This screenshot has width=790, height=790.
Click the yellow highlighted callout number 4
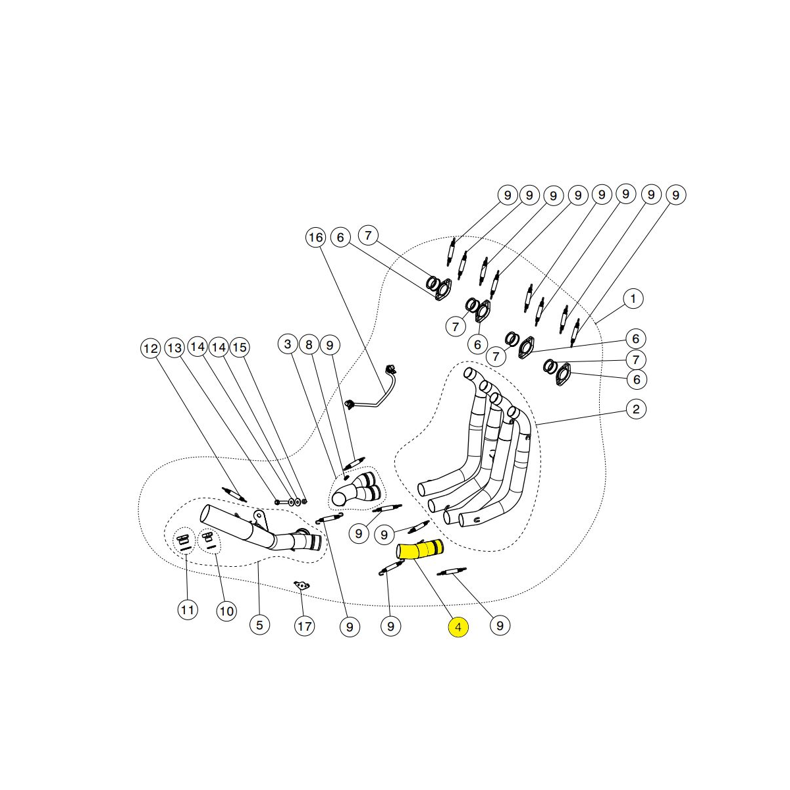click(x=458, y=627)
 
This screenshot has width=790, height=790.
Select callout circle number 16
click(x=315, y=238)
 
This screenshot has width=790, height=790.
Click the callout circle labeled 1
click(x=633, y=298)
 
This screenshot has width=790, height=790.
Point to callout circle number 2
click(x=636, y=409)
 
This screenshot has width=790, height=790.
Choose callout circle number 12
click(x=151, y=348)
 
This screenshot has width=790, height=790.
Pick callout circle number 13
click(x=174, y=348)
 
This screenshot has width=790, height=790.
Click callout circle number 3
click(x=288, y=344)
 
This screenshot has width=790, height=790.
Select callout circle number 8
click(x=309, y=345)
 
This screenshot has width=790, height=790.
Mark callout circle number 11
click(x=188, y=610)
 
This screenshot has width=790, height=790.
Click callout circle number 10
click(x=226, y=611)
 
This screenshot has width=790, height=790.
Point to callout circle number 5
click(x=259, y=625)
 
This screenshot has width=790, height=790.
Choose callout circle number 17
click(x=305, y=626)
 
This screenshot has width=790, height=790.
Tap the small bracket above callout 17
click(x=302, y=586)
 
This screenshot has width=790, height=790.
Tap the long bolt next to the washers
click(x=282, y=502)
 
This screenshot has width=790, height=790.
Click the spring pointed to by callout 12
click(x=234, y=494)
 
